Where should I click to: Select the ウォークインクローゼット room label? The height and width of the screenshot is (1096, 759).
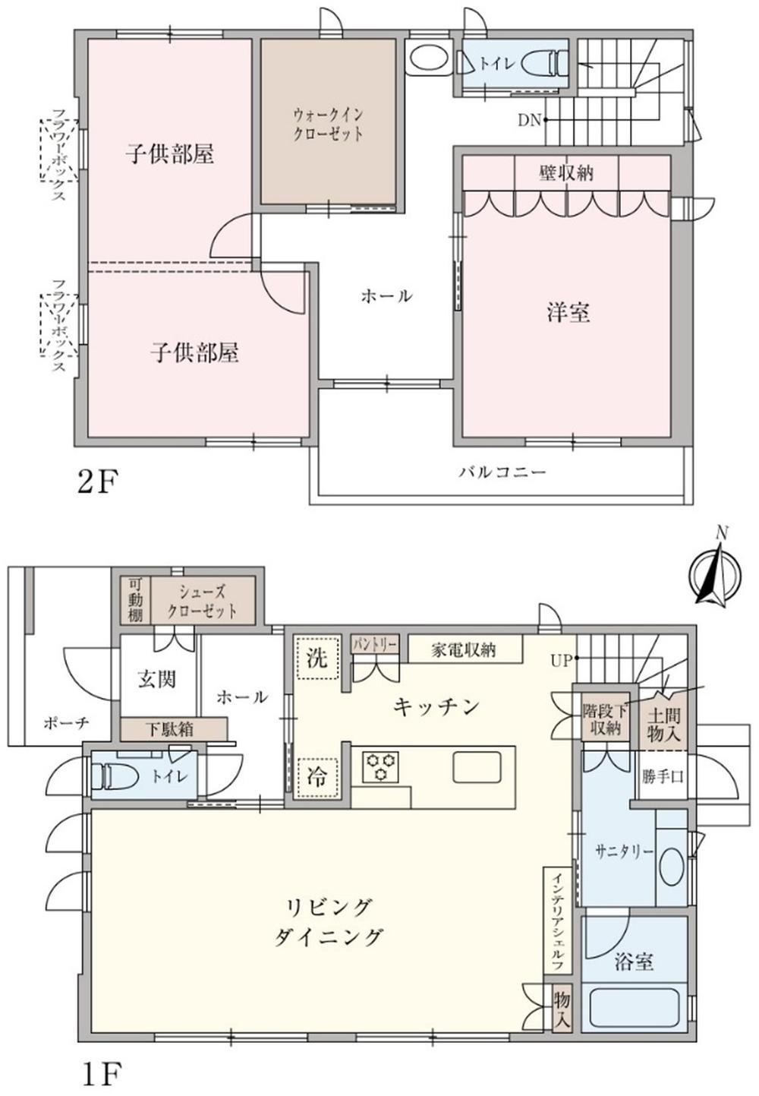point(328,125)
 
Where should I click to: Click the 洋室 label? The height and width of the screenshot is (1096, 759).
point(568,313)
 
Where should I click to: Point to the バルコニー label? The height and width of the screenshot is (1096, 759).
point(502,472)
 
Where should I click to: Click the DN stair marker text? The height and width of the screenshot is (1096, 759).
point(530,120)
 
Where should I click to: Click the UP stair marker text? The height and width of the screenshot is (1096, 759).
point(561,661)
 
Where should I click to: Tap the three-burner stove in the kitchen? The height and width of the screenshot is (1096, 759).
point(380,767)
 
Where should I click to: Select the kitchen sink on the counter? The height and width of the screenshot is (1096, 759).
point(477,767)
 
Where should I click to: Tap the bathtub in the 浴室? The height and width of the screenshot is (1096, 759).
point(634,1002)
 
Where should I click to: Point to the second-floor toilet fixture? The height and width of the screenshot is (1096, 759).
point(543,62)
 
